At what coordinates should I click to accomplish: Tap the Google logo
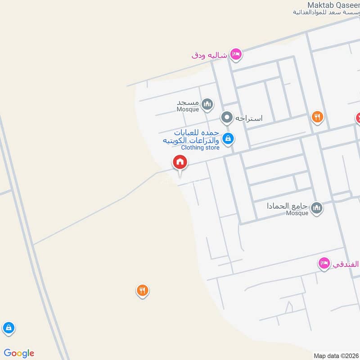click(19, 353)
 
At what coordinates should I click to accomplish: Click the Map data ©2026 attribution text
click(336, 355)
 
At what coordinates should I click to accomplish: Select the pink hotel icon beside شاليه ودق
click(236, 54)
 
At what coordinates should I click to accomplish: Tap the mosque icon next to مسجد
click(207, 105)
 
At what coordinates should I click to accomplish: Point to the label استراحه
click(248, 118)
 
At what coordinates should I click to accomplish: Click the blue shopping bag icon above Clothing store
click(228, 138)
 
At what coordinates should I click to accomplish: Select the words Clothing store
click(200, 148)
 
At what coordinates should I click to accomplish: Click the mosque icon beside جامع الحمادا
click(317, 207)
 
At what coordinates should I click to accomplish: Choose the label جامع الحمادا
click(287, 206)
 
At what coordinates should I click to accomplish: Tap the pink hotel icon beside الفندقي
click(324, 264)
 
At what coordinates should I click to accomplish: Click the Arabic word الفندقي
click(346, 265)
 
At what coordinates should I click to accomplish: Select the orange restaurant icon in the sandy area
click(142, 291)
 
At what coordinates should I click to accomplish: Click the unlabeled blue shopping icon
click(8, 328)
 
